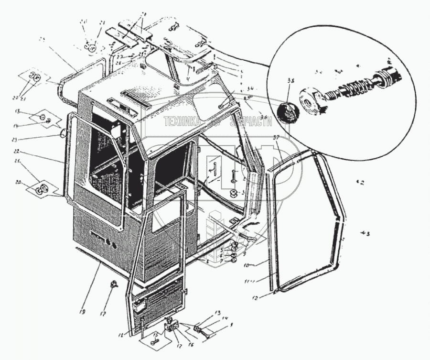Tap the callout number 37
276,137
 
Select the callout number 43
365,234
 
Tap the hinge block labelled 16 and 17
171,327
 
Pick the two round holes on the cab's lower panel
111,242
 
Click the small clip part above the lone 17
114,284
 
